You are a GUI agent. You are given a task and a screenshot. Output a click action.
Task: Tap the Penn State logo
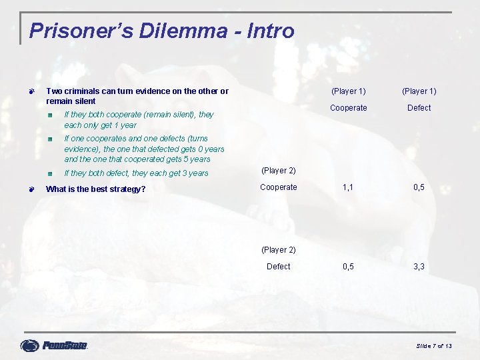pyautogui.click(x=54, y=345)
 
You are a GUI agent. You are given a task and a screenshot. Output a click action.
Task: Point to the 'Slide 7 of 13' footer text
pyautogui.click(x=434, y=345)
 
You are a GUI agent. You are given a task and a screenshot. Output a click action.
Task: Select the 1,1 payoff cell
pyautogui.click(x=348, y=187)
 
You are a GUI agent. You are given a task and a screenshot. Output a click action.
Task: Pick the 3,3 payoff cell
pyautogui.click(x=419, y=267)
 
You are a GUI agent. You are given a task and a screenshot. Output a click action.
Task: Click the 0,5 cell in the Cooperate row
pyautogui.click(x=419, y=187)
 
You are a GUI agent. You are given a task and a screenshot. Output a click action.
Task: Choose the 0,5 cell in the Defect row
pyautogui.click(x=348, y=267)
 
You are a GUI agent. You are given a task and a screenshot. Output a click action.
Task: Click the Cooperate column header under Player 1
pyautogui.click(x=349, y=108)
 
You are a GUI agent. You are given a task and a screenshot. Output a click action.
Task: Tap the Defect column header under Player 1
pyautogui.click(x=419, y=108)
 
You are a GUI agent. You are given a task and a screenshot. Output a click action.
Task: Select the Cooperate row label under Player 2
pyautogui.click(x=278, y=187)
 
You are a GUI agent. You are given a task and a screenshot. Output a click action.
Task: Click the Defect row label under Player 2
pyautogui.click(x=278, y=267)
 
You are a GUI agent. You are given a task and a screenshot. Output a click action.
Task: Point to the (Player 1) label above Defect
pyautogui.click(x=419, y=91)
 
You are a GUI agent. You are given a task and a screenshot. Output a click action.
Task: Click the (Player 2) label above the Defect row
pyautogui.click(x=278, y=250)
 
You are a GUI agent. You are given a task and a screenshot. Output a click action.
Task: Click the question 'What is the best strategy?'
pyautogui.click(x=95, y=189)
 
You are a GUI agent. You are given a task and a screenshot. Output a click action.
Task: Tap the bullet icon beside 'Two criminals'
pyautogui.click(x=31, y=91)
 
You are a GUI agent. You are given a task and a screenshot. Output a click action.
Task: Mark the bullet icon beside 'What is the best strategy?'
pyautogui.click(x=31, y=189)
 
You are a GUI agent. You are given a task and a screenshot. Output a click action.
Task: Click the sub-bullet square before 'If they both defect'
pyautogui.click(x=50, y=173)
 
